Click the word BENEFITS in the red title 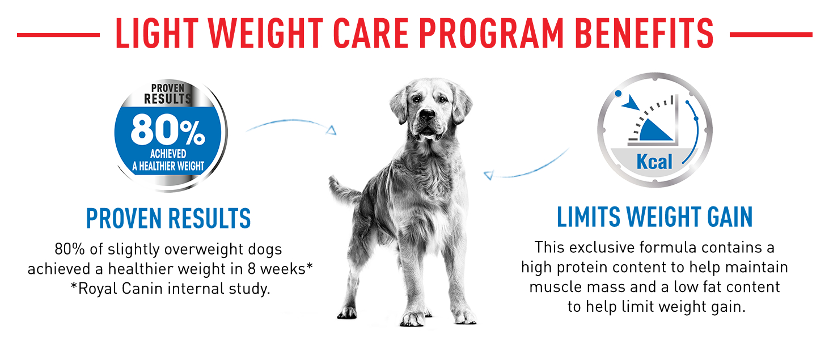[x=644, y=33]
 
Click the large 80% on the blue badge [x=168, y=129]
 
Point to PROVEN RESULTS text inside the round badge [x=168, y=94]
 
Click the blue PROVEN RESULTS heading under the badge [x=168, y=218]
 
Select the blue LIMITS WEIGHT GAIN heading [x=655, y=217]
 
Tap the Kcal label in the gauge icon [x=654, y=162]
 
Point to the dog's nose [x=427, y=113]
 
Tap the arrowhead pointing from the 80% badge [x=332, y=130]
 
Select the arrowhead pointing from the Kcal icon [x=489, y=175]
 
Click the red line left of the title [x=58, y=35]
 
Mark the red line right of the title [x=771, y=35]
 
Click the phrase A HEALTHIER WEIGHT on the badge [x=168, y=166]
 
